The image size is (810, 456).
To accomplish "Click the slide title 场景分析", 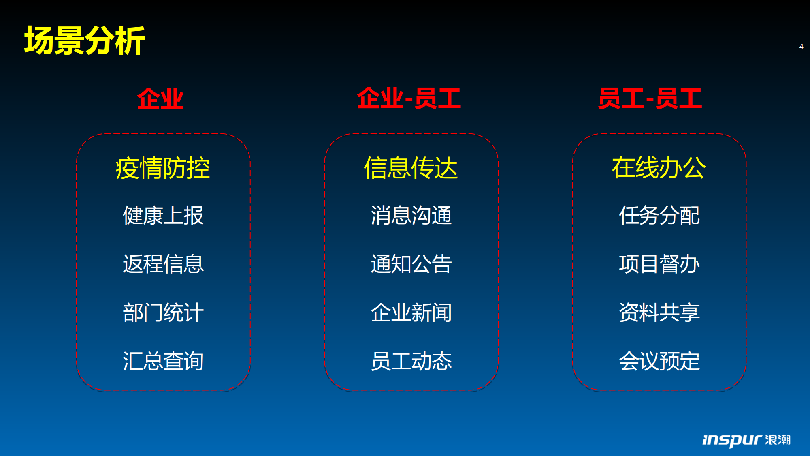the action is pyautogui.click(x=85, y=40).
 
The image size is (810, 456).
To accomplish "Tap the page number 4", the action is pyautogui.click(x=801, y=47).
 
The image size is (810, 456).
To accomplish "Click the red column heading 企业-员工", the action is pyautogui.click(x=409, y=98).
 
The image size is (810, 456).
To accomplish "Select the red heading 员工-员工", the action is pyautogui.click(x=650, y=98).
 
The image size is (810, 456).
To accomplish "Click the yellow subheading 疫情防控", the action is pyautogui.click(x=163, y=168).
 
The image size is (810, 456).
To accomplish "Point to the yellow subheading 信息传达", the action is pyautogui.click(x=411, y=168).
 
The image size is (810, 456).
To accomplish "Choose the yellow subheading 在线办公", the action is pyautogui.click(x=659, y=168).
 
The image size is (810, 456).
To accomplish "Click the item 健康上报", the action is pyautogui.click(x=163, y=215).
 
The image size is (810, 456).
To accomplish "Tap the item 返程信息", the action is pyautogui.click(x=163, y=264).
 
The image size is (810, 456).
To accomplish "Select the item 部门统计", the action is pyautogui.click(x=163, y=313).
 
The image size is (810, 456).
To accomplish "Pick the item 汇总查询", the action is pyautogui.click(x=163, y=361).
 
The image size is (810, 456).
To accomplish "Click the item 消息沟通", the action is pyautogui.click(x=411, y=215).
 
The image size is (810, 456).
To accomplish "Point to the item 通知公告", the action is pyautogui.click(x=411, y=264).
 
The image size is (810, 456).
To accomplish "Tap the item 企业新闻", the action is pyautogui.click(x=411, y=313).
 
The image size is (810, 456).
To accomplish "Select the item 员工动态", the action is pyautogui.click(x=411, y=361).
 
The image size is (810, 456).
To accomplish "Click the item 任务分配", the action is pyautogui.click(x=659, y=215).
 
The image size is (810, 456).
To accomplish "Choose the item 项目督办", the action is pyautogui.click(x=659, y=264).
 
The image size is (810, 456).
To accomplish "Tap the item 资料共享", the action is pyautogui.click(x=659, y=313).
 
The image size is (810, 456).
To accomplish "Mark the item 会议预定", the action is pyautogui.click(x=659, y=361).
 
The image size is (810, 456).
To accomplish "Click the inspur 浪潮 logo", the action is pyautogui.click(x=746, y=440).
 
